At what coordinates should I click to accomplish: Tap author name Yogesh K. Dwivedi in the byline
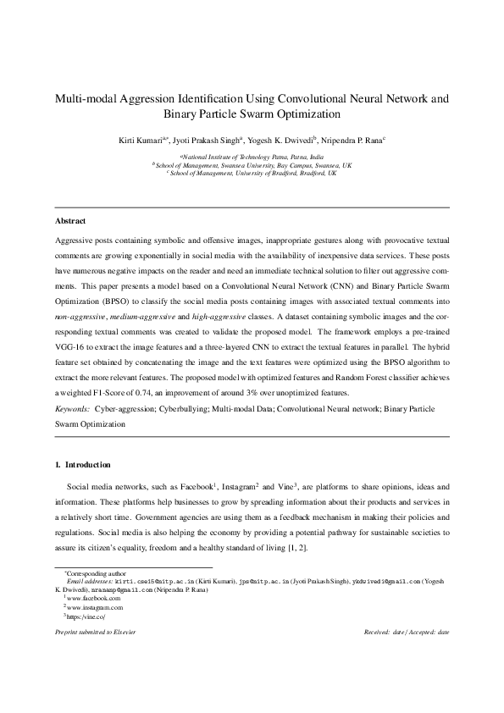(x=286, y=139)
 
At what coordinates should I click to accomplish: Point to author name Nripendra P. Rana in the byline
(x=354, y=139)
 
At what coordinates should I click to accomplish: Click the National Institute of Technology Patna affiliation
(x=252, y=157)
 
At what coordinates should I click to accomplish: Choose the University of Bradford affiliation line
(x=252, y=173)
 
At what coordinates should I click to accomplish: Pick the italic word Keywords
(x=72, y=407)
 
